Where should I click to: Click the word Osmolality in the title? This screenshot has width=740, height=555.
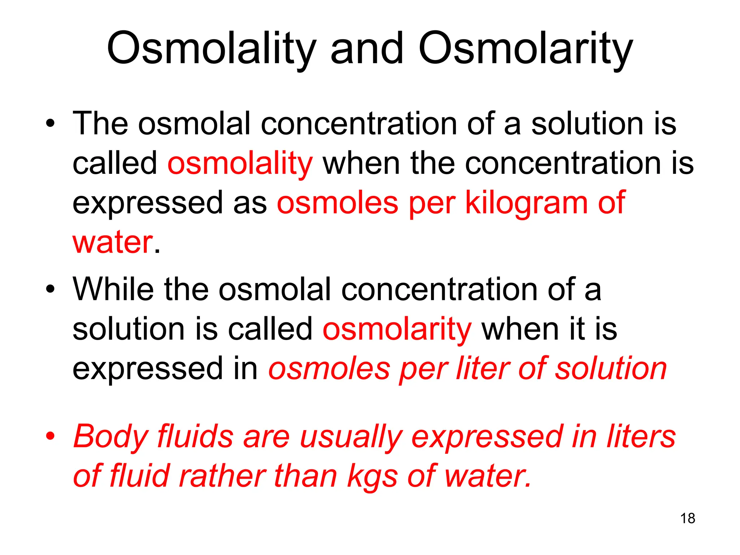tap(211, 49)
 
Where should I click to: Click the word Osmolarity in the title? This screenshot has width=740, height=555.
tap(525, 49)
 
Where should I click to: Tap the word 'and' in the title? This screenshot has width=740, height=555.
tap(367, 49)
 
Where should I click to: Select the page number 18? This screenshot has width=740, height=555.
tap(688, 519)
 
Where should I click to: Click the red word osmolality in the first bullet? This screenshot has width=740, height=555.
tap(240, 163)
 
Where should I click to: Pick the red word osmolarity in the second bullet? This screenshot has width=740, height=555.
tap(397, 329)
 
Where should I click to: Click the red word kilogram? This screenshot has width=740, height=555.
tap(526, 203)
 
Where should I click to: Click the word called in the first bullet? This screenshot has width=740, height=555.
tap(115, 163)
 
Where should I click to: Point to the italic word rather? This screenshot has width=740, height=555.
tap(222, 476)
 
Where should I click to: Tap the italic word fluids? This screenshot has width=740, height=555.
tap(195, 436)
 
